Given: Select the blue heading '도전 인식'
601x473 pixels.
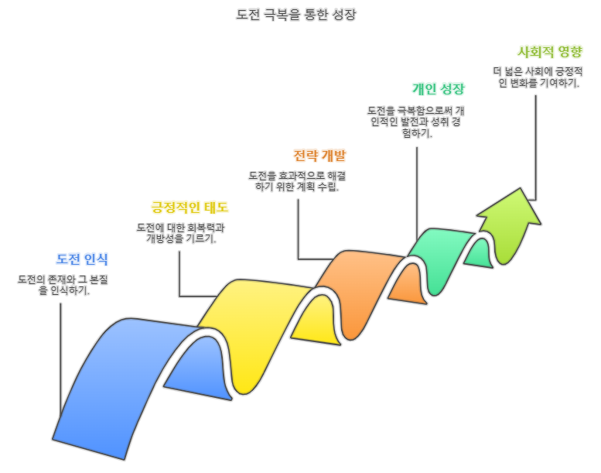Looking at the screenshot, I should pyautogui.click(x=82, y=259).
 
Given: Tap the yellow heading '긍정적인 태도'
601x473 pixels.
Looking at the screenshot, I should pyautogui.click(x=190, y=207).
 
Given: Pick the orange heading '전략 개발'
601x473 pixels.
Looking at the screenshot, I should pyautogui.click(x=319, y=155).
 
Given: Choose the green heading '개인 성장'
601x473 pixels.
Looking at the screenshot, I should pyautogui.click(x=439, y=88).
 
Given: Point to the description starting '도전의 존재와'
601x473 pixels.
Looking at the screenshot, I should pyautogui.click(x=63, y=285).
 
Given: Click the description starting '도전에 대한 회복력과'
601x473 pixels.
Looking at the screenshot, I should pyautogui.click(x=181, y=233).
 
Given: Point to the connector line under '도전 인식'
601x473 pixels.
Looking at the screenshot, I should pyautogui.click(x=60, y=356).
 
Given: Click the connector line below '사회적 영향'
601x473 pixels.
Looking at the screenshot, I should pyautogui.click(x=537, y=139).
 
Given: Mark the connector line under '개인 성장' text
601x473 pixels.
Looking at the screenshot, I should pyautogui.click(x=418, y=186).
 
